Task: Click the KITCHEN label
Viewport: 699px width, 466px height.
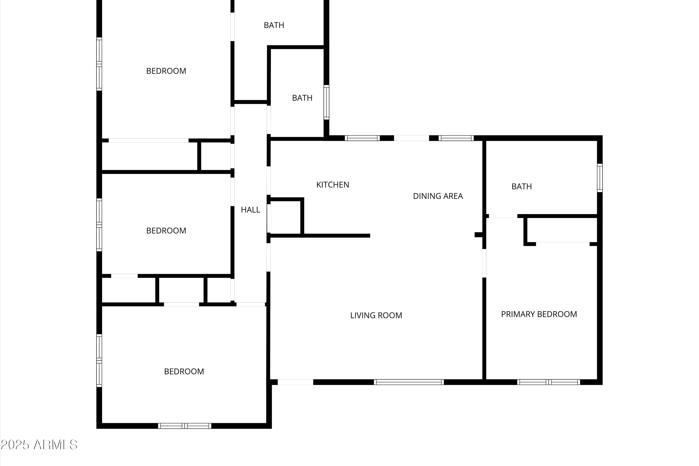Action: tap(332, 185)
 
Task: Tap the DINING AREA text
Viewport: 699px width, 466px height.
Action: tap(438, 196)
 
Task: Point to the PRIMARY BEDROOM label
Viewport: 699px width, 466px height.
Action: tap(539, 314)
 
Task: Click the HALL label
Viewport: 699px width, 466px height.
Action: tap(250, 210)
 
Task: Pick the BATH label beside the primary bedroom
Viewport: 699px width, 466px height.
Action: tap(522, 187)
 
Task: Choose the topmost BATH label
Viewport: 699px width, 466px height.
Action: tap(274, 25)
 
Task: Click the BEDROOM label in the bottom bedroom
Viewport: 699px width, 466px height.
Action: tap(184, 371)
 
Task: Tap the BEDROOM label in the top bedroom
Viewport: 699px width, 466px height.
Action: tap(166, 71)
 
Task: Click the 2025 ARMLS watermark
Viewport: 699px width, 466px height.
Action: tap(39, 445)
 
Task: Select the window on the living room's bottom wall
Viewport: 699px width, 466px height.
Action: tap(409, 382)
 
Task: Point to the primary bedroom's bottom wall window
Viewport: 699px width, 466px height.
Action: tap(548, 382)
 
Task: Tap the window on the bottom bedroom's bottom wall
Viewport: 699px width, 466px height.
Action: tap(185, 426)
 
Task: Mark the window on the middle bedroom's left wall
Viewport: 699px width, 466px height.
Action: tap(99, 225)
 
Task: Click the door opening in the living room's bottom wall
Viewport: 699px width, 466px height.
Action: tap(295, 382)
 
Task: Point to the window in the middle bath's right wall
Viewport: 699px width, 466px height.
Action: tap(326, 102)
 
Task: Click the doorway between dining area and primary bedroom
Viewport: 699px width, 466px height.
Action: tap(484, 263)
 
